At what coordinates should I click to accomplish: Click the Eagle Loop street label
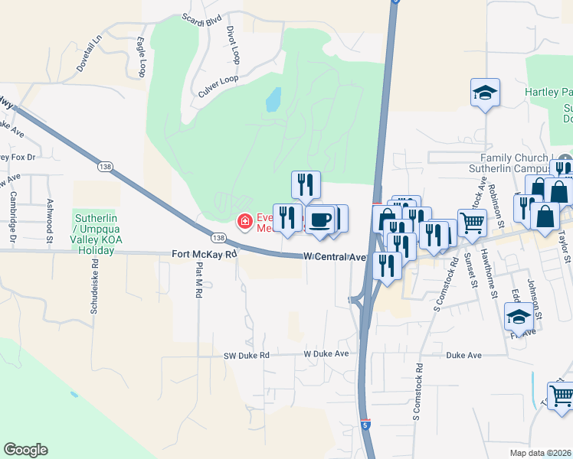(x=142, y=57)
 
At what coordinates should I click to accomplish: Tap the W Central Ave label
(x=334, y=257)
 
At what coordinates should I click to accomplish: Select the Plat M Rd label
(x=198, y=280)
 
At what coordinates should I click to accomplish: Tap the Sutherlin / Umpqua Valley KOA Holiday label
(x=106, y=233)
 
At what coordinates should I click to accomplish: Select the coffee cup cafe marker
(x=322, y=220)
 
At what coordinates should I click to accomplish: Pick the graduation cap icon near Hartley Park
(x=485, y=93)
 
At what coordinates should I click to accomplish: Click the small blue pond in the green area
(x=272, y=99)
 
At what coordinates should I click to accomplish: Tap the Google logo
(x=25, y=450)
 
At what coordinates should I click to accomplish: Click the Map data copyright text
(x=540, y=453)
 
